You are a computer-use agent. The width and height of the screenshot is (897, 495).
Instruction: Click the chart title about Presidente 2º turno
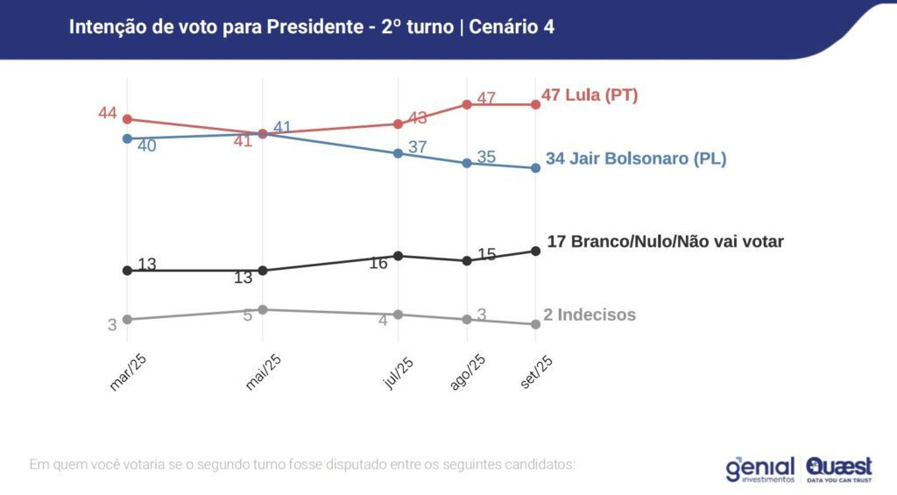(x=311, y=27)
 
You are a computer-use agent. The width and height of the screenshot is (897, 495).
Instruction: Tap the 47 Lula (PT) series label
(x=590, y=95)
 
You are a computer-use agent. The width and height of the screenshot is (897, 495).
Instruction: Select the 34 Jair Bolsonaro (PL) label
(x=636, y=159)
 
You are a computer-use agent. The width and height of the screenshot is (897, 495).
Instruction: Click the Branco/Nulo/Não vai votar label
(x=665, y=242)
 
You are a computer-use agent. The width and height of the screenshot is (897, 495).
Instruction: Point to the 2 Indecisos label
(x=590, y=315)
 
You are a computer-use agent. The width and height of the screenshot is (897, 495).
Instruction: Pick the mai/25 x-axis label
(x=263, y=371)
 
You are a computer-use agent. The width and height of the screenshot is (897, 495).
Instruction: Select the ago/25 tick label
(x=468, y=371)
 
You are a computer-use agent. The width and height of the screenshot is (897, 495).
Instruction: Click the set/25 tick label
(x=536, y=370)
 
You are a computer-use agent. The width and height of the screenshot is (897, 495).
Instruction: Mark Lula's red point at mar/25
(x=127, y=119)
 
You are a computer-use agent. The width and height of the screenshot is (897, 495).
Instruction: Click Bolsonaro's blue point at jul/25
(x=399, y=153)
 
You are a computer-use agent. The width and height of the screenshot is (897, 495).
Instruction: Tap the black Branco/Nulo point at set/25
(x=535, y=251)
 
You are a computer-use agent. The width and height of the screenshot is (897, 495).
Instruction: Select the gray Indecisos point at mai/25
(x=262, y=309)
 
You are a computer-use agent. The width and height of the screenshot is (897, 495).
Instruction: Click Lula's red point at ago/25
(x=467, y=104)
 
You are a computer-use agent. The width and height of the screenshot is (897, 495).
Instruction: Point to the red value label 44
(x=108, y=113)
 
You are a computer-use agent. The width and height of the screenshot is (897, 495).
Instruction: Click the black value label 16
(x=378, y=262)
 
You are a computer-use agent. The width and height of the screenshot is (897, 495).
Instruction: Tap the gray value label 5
(x=248, y=315)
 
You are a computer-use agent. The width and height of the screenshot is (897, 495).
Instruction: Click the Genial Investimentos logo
(x=760, y=469)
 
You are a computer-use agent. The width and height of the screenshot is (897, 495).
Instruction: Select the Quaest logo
(x=839, y=469)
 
